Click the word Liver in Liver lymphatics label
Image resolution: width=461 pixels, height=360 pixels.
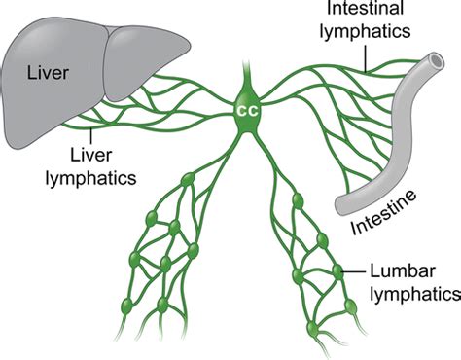tap(93, 155)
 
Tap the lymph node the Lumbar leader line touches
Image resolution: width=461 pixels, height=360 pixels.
tap(337, 271)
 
